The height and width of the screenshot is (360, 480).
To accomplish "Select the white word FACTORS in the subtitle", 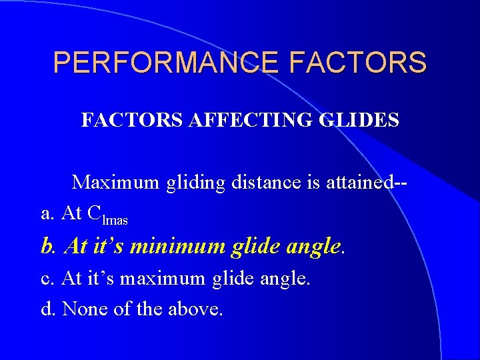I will click(x=125, y=120).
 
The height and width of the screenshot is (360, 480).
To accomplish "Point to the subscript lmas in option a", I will click(x=115, y=219).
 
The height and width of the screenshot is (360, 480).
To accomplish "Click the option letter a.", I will click(x=47, y=213).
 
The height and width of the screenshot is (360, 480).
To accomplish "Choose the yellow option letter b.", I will click(x=47, y=247).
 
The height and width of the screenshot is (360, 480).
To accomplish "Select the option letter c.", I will click(x=47, y=279).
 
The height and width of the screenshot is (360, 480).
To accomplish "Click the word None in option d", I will click(x=81, y=309).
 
